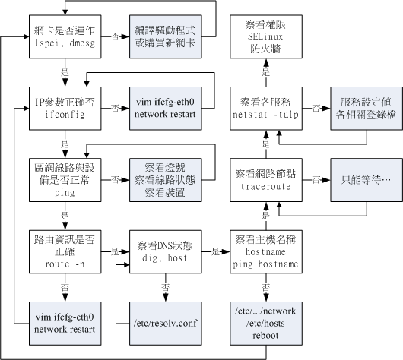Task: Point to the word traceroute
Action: pyautogui.click(x=265, y=185)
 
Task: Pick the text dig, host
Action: pyautogui.click(x=165, y=258)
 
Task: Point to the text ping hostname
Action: pyautogui.click(x=266, y=265)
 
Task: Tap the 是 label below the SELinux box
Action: pyautogui.click(x=266, y=74)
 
